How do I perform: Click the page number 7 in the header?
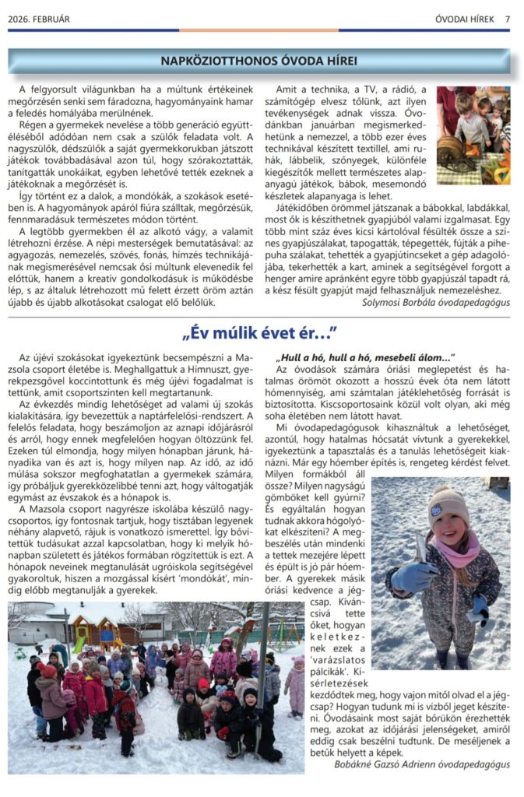click(507, 19)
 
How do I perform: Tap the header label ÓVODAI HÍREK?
click(465, 19)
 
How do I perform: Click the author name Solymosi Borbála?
click(402, 302)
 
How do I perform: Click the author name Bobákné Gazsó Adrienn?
click(393, 764)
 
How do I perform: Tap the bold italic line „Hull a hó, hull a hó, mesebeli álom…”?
click(365, 357)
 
